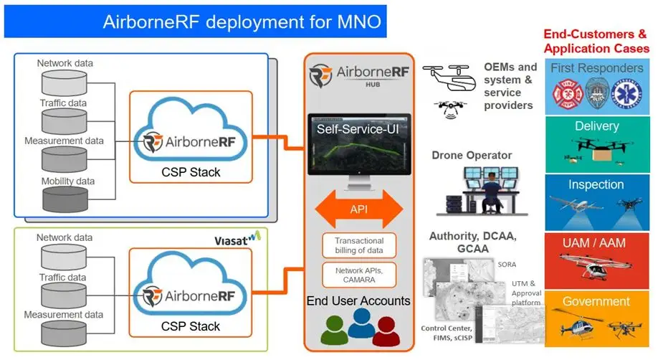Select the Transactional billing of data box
tap(358, 246)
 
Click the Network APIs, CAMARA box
tap(358, 275)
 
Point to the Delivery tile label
tap(596, 126)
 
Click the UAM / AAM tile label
tap(596, 243)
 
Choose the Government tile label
tap(596, 301)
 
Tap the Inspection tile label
tap(596, 184)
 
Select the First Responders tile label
tap(596, 68)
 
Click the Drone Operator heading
tap(472, 155)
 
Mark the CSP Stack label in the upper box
tap(191, 173)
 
